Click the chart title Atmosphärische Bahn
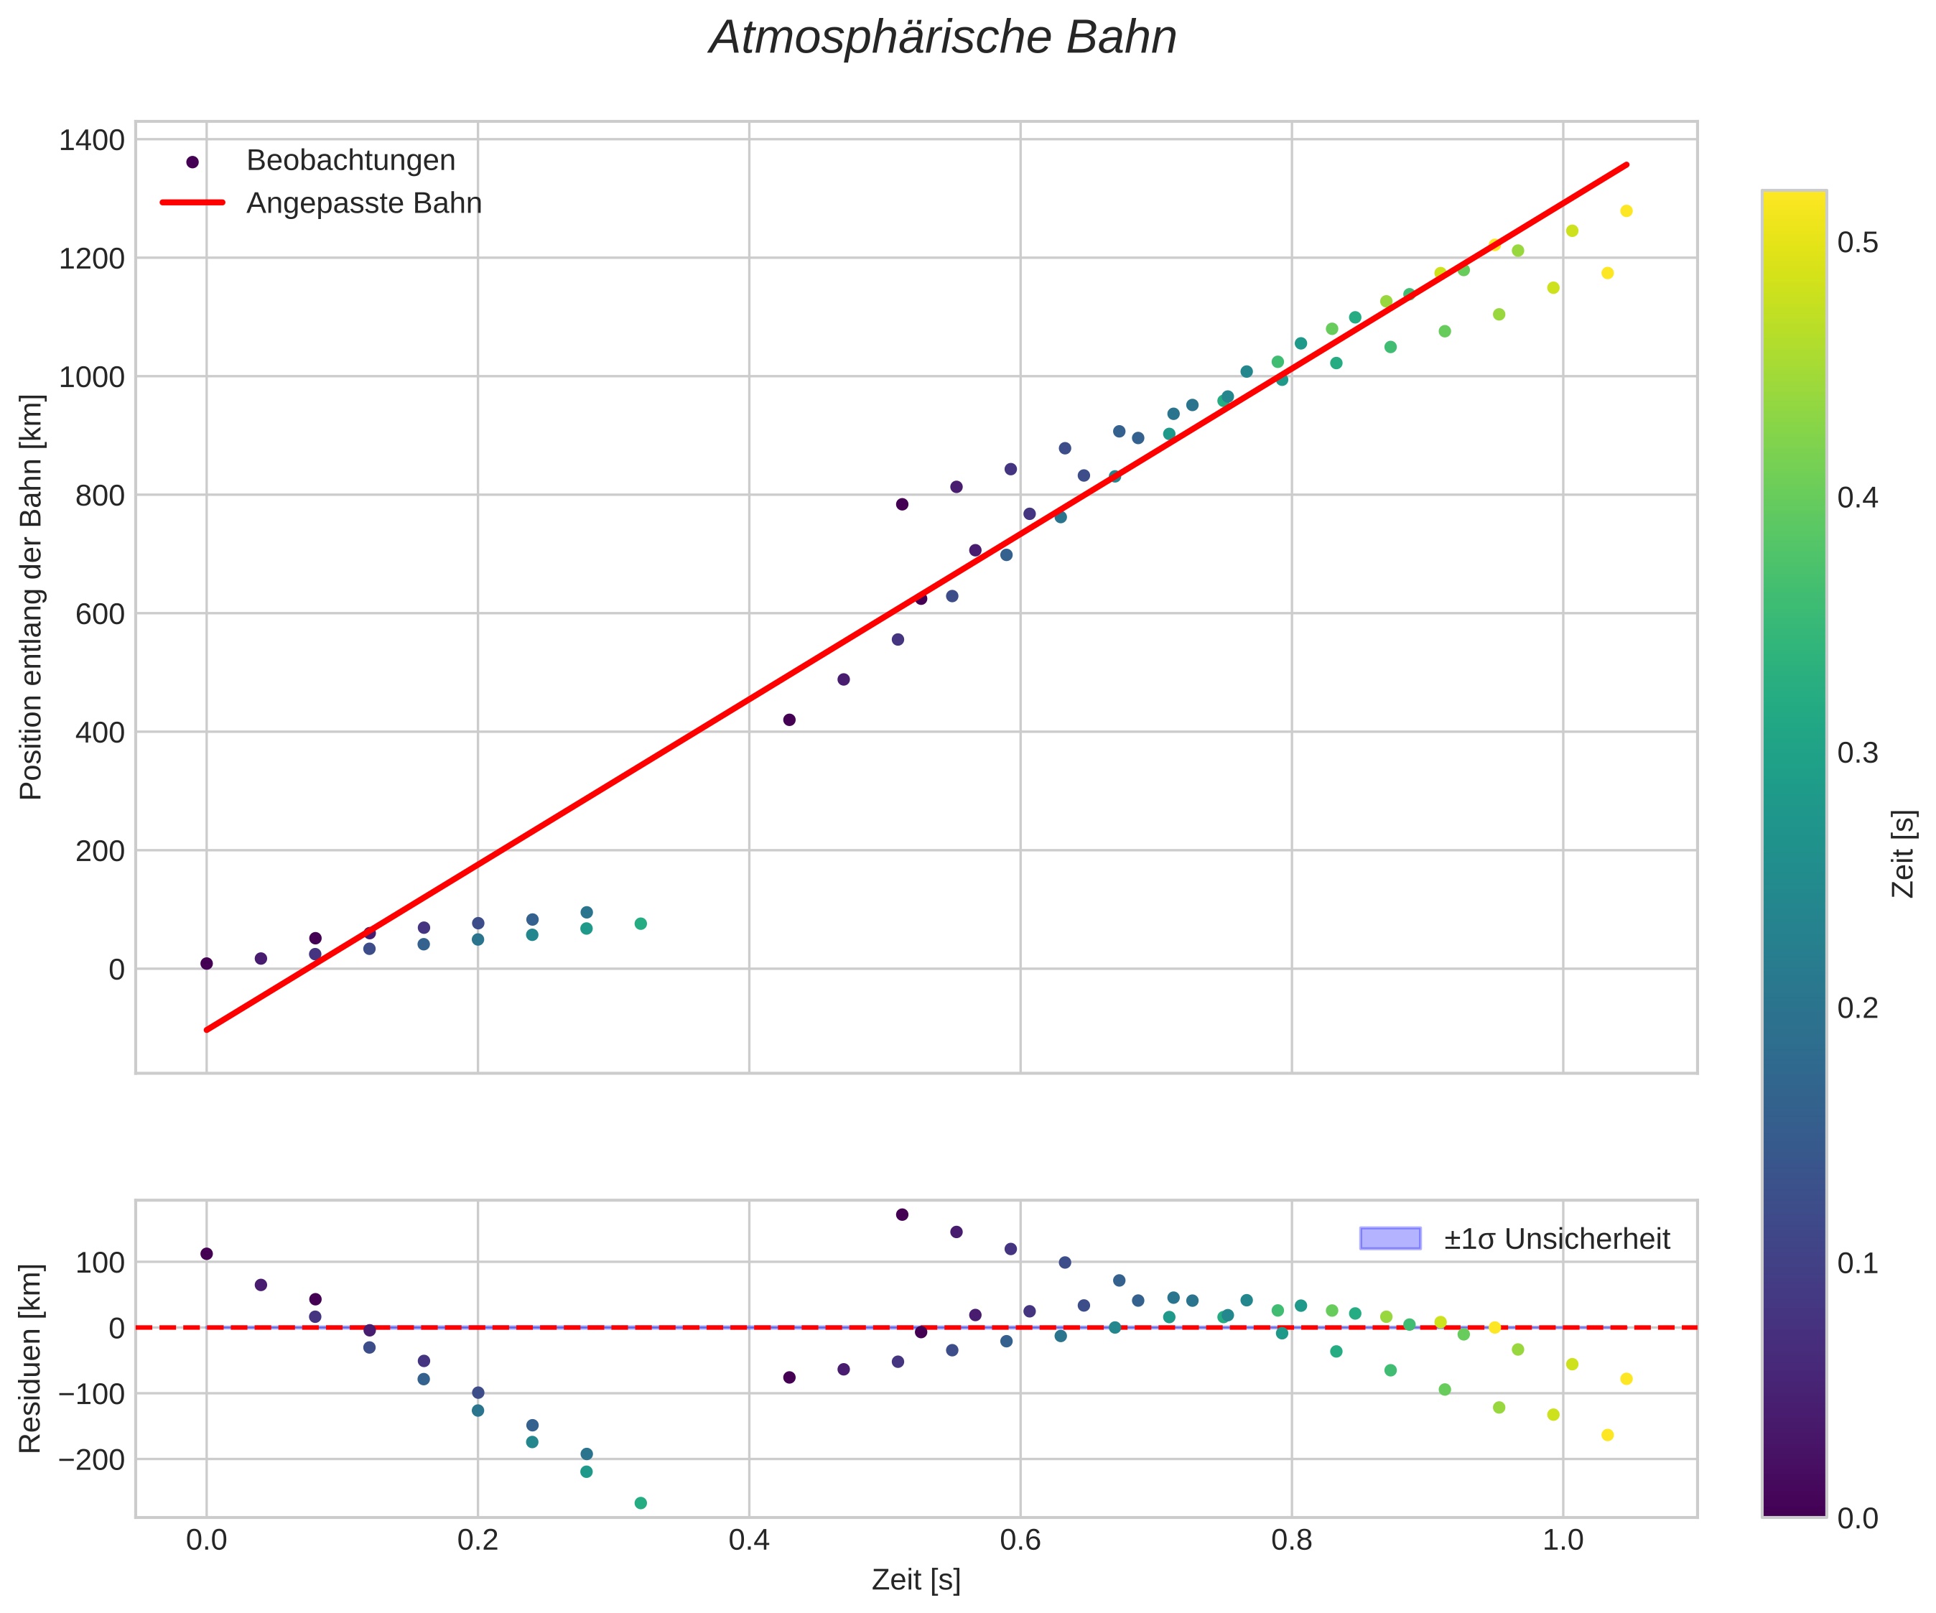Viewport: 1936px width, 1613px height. [942, 39]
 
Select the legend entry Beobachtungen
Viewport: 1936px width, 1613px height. [350, 160]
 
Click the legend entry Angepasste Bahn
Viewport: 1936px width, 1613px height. [363, 203]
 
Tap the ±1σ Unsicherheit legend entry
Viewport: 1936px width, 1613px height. [1556, 1239]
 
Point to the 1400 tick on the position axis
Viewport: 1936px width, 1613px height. [91, 140]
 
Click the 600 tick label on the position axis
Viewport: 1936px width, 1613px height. [100, 614]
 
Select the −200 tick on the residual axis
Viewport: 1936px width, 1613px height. [90, 1460]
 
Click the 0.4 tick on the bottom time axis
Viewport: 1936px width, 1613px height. [748, 1540]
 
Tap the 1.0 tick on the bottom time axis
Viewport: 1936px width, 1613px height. [1563, 1540]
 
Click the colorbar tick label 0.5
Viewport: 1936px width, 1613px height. [1858, 243]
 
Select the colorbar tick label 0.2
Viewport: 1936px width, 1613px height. [1858, 1008]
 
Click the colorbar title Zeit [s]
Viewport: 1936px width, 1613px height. [1903, 853]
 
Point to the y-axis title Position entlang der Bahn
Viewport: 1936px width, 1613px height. [32, 598]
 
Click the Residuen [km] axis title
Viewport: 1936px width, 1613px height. [32, 1359]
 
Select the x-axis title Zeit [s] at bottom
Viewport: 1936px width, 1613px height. [916, 1581]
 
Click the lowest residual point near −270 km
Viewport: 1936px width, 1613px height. [641, 1503]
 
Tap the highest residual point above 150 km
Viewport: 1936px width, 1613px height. [902, 1214]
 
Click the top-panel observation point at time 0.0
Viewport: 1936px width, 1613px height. [207, 964]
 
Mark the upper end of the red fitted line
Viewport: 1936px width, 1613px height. [1627, 165]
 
